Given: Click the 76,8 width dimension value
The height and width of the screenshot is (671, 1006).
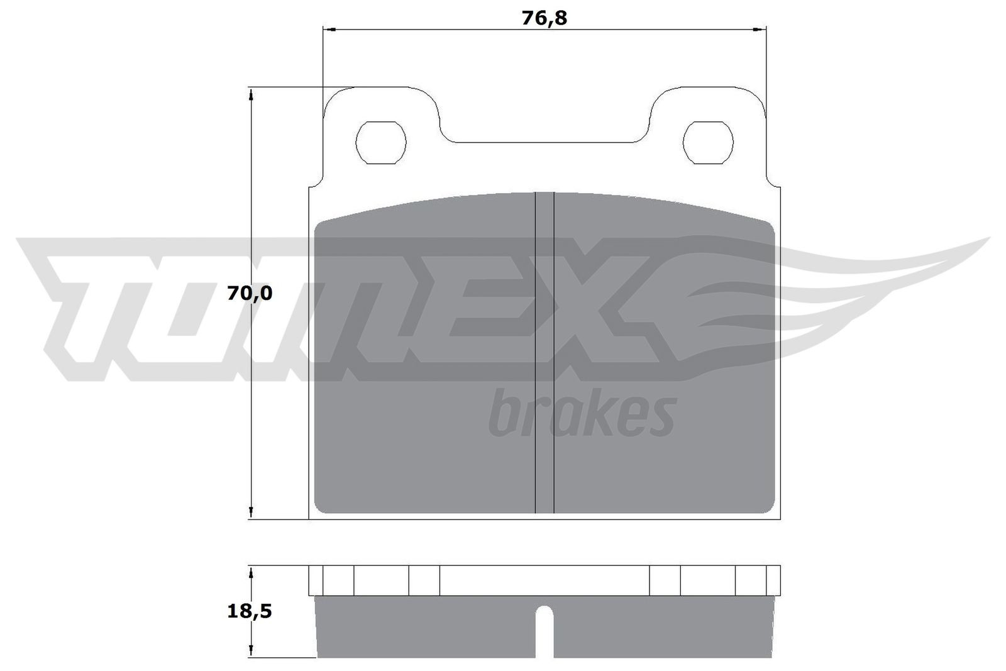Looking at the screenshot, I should click(x=544, y=18).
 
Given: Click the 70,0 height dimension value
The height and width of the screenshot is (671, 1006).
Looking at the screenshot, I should click(x=250, y=293).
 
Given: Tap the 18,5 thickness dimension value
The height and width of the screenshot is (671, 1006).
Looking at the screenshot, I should click(x=250, y=611).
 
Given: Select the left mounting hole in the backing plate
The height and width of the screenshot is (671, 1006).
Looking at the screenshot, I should click(x=381, y=143).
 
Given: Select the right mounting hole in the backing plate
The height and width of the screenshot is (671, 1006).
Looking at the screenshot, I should click(x=708, y=143).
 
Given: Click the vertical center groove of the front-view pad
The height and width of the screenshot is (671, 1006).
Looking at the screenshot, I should click(x=544, y=352).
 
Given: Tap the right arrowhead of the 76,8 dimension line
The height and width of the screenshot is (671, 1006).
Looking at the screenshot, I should click(x=761, y=30).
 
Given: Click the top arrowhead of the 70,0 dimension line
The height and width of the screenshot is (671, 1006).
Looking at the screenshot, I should click(x=251, y=94).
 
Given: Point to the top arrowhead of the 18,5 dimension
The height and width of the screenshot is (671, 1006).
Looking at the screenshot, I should click(x=251, y=573).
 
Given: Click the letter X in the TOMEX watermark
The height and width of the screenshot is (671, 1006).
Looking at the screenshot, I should click(x=604, y=308).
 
